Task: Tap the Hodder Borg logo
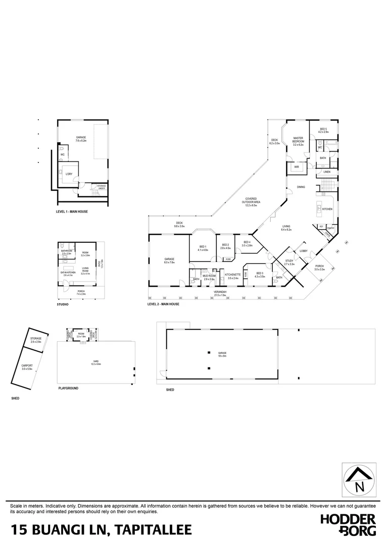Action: pos(348,524)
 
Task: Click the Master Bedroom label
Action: pos(298,141)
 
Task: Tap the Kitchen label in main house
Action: pos(327,209)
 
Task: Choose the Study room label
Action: pos(289,262)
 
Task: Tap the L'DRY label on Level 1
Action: pos(69,174)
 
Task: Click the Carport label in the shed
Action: pos(27,367)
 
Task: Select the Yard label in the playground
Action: pos(95,362)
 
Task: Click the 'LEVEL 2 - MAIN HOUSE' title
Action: pos(163,304)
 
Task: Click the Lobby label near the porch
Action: pos(304,251)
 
